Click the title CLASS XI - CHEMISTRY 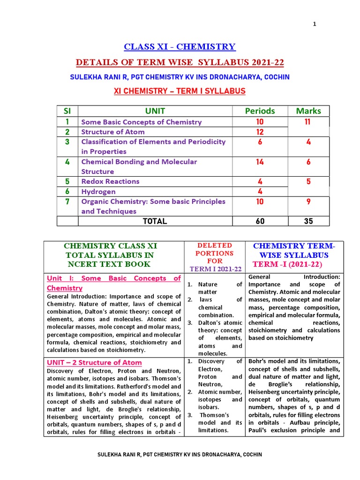point(180,46)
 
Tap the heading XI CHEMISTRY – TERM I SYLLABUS point(180,91)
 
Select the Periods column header point(260,111)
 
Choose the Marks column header point(308,111)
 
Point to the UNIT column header point(155,111)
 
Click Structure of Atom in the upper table point(113,132)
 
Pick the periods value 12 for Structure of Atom point(260,132)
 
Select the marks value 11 point(308,122)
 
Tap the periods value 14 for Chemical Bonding point(260,162)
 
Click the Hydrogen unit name point(98,192)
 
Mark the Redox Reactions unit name point(110,181)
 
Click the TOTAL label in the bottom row point(155,221)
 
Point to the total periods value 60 point(260,221)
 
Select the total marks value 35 point(308,221)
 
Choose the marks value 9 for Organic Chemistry point(308,202)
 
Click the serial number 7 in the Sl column point(67,202)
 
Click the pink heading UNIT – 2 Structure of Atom point(94,363)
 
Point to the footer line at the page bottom point(180,455)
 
